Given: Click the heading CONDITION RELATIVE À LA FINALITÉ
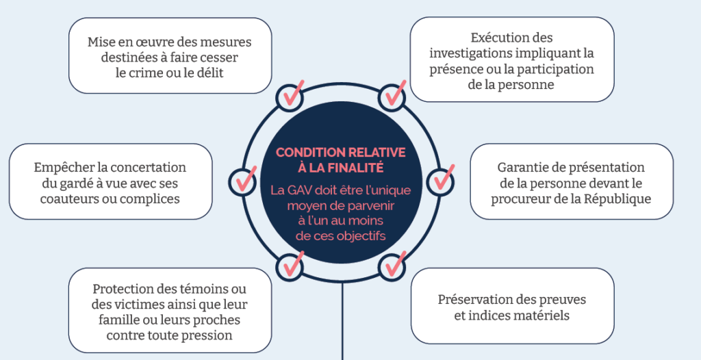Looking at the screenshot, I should point(340,159).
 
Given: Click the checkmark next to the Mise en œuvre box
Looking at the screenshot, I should point(290,97).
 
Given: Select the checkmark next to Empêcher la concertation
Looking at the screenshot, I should point(244,180).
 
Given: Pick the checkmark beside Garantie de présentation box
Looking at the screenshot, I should point(440,180).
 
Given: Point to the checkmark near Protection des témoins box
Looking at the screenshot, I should point(290,265).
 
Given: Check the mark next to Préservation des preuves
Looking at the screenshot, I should point(394,263).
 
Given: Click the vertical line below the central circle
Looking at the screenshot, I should point(342,322).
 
